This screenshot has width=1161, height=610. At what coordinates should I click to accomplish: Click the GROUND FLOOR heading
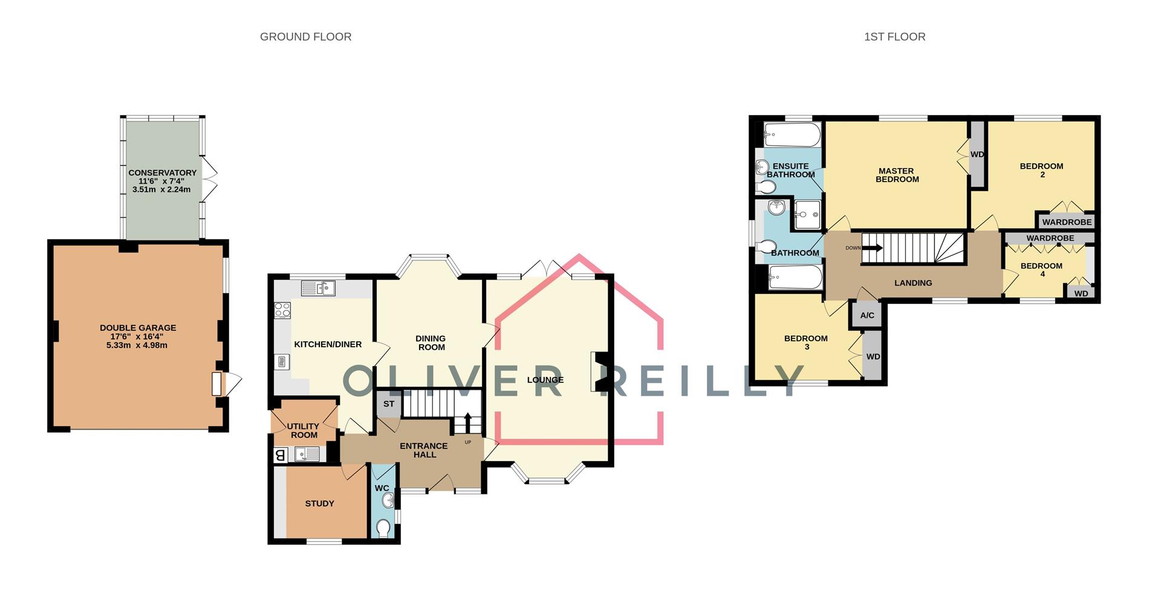point(305,37)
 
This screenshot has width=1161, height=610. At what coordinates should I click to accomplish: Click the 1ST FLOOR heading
point(894,37)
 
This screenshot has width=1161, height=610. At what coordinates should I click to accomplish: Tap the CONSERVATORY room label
point(162,173)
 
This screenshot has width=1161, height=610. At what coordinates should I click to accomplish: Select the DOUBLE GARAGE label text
point(138,328)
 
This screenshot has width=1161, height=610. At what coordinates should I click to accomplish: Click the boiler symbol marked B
point(280,455)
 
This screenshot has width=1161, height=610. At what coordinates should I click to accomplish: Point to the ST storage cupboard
point(388,404)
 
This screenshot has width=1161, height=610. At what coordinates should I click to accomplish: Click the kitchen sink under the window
point(318,289)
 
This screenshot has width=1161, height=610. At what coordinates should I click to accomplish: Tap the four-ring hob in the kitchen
point(282,310)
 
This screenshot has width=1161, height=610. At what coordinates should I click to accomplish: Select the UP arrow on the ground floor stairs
point(467,422)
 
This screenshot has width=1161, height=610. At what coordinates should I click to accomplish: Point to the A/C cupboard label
point(867,315)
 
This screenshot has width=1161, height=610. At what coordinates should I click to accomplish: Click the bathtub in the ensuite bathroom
point(792,134)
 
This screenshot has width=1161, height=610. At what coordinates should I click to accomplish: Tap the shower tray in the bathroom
point(807,215)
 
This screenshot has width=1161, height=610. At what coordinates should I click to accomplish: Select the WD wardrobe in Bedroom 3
point(873,356)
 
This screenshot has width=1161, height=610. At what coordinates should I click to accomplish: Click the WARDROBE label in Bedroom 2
point(1067,222)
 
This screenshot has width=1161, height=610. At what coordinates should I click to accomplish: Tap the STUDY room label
point(319,503)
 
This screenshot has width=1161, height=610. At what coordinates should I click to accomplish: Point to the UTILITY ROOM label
point(303,430)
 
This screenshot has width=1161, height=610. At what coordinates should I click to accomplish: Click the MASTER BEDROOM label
point(897,175)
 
